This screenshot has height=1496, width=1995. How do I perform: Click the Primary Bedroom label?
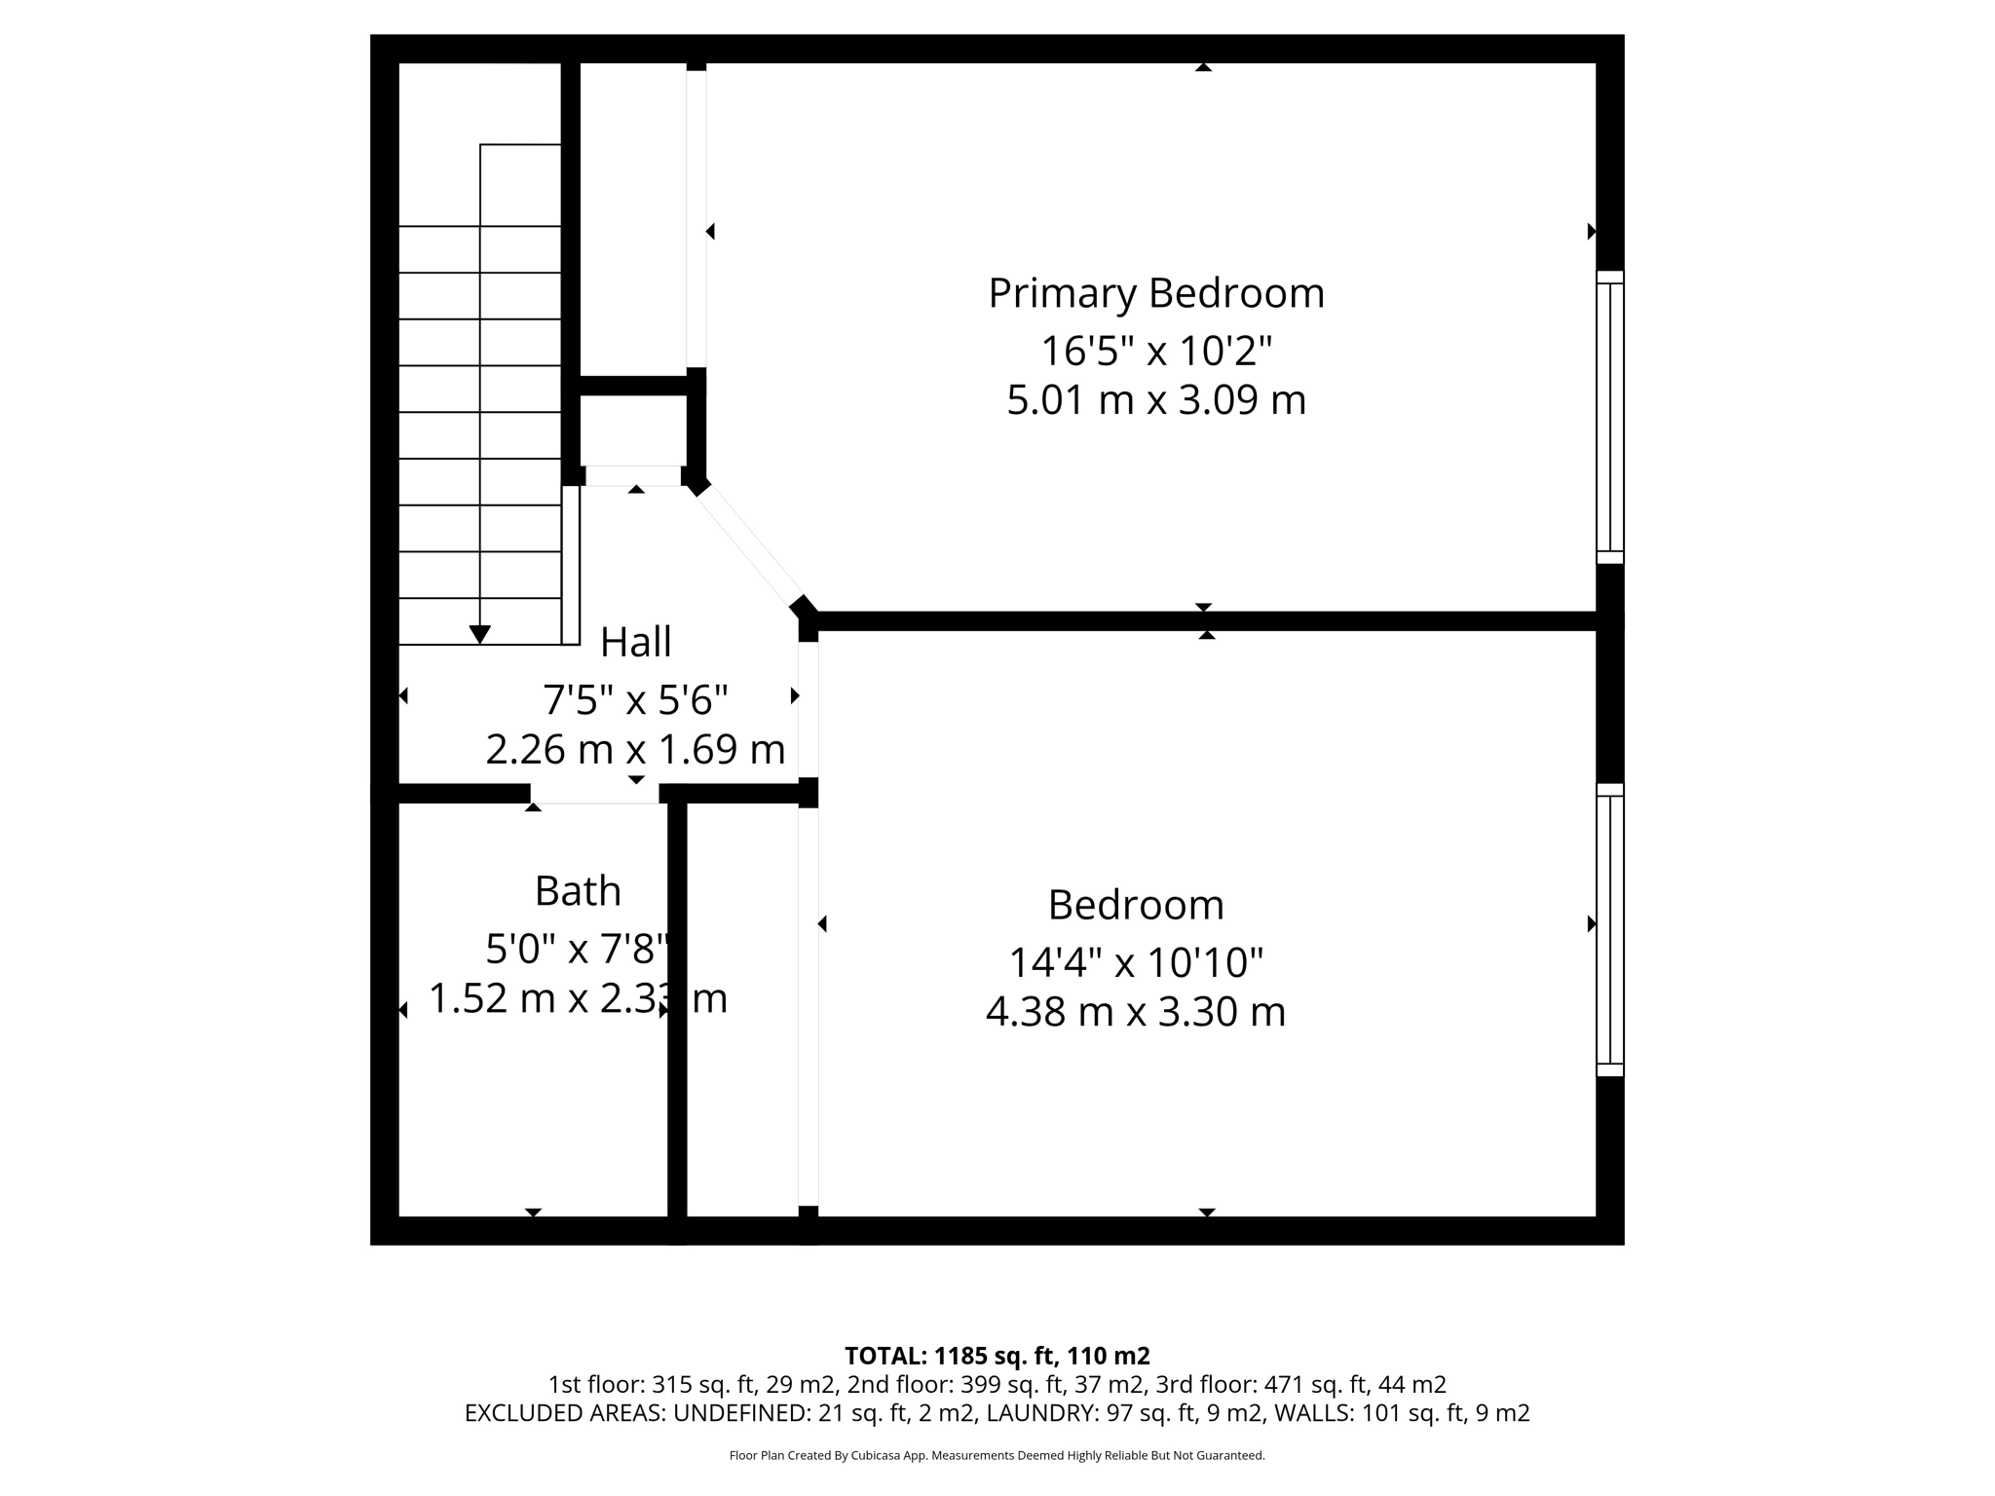pyautogui.click(x=1156, y=293)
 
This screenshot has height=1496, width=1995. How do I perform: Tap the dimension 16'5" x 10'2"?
pyautogui.click(x=1156, y=351)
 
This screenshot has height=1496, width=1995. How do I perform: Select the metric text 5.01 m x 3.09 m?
pyautogui.click(x=1156, y=400)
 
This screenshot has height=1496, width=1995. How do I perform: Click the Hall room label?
pyautogui.click(x=635, y=642)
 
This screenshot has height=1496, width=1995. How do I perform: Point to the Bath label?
pyautogui.click(x=578, y=891)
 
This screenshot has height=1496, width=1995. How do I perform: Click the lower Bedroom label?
pyautogui.click(x=1136, y=905)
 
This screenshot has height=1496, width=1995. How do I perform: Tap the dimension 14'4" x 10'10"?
pyautogui.click(x=1136, y=963)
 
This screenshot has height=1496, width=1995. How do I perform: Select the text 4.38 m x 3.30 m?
pyautogui.click(x=1136, y=1012)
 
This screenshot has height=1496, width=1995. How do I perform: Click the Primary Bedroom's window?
pyautogui.click(x=1609, y=417)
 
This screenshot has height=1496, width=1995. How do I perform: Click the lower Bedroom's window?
pyautogui.click(x=1609, y=929)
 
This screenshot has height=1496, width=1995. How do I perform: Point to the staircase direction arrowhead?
pyautogui.click(x=479, y=634)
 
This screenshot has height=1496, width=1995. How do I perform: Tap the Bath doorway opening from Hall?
pyautogui.click(x=595, y=794)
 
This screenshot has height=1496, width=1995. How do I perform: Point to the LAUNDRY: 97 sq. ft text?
pyautogui.click(x=1081, y=1413)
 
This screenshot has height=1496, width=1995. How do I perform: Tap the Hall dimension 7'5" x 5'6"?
pyautogui.click(x=635, y=700)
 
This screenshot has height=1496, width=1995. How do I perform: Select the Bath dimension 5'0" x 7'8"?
pyautogui.click(x=578, y=949)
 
